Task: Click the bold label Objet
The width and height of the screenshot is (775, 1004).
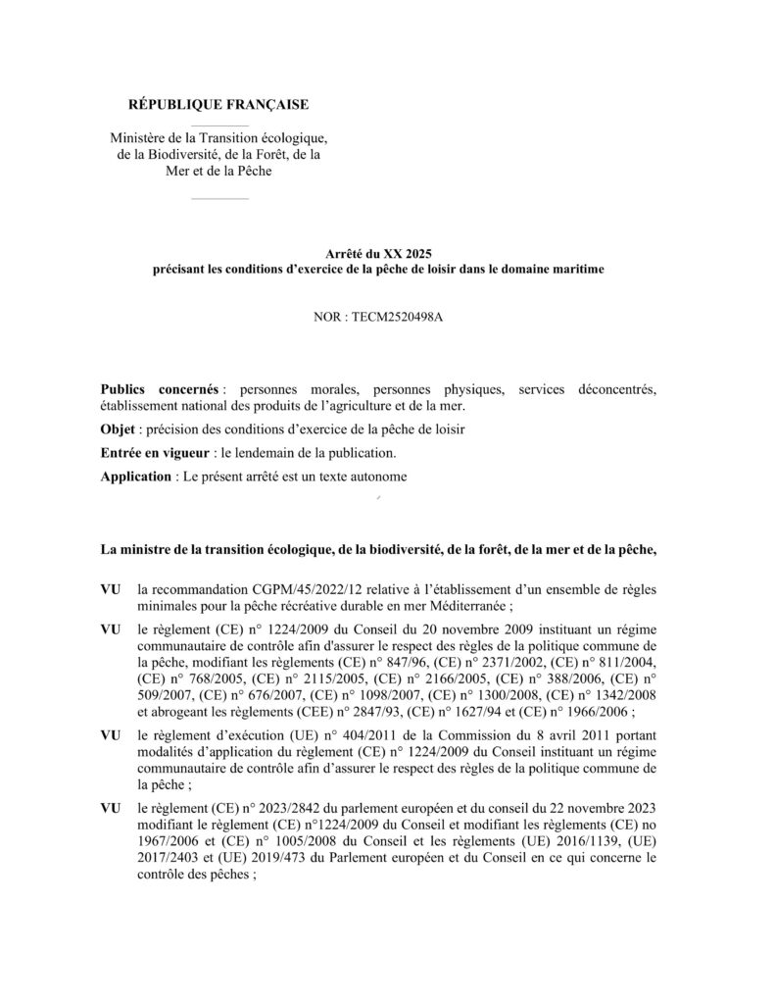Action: coord(118,429)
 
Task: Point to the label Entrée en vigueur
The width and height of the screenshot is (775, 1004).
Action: coord(153,453)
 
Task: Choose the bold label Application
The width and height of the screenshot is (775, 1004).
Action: coord(135,477)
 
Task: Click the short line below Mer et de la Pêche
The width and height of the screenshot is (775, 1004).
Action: coord(219,198)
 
